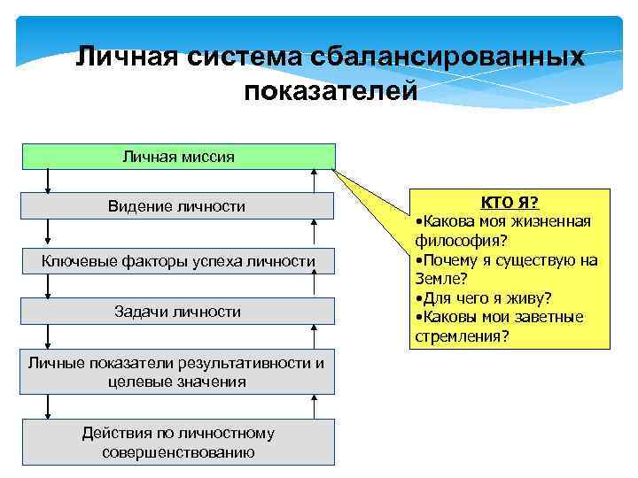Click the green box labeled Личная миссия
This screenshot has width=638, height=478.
coord(178,157)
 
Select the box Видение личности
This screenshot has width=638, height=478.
coord(176,206)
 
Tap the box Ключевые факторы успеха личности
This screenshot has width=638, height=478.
coord(178,261)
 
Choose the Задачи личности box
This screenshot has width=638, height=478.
coord(177,312)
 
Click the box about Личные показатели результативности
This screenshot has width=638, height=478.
coord(176,373)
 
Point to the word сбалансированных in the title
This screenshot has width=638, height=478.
coord(448,58)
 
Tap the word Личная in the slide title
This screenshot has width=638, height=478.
coord(126,58)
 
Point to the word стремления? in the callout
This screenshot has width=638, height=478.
coord(462,335)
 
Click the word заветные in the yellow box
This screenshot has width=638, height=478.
coord(549,317)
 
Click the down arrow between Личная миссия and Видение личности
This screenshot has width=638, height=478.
coord(48,181)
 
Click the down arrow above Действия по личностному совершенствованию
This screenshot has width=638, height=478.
coord(48,406)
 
